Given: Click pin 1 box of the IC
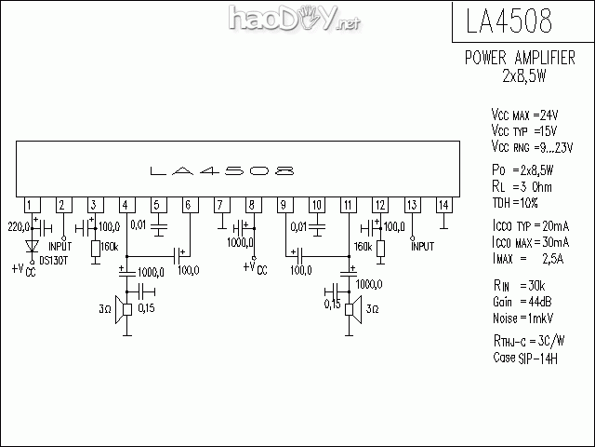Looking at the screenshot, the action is (x=33, y=205).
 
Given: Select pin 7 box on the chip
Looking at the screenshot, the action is (x=222, y=205).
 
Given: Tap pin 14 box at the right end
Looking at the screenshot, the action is (x=444, y=205).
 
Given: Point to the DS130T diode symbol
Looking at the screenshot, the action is (x=33, y=246).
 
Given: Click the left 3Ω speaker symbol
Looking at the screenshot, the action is (x=124, y=310).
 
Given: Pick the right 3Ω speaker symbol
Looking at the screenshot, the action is (x=353, y=309).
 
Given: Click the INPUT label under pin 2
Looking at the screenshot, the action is (x=60, y=247).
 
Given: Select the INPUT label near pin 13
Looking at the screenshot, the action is (x=422, y=247).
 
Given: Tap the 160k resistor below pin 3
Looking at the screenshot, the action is (x=96, y=249).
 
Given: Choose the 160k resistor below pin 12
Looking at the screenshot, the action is (x=380, y=249).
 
